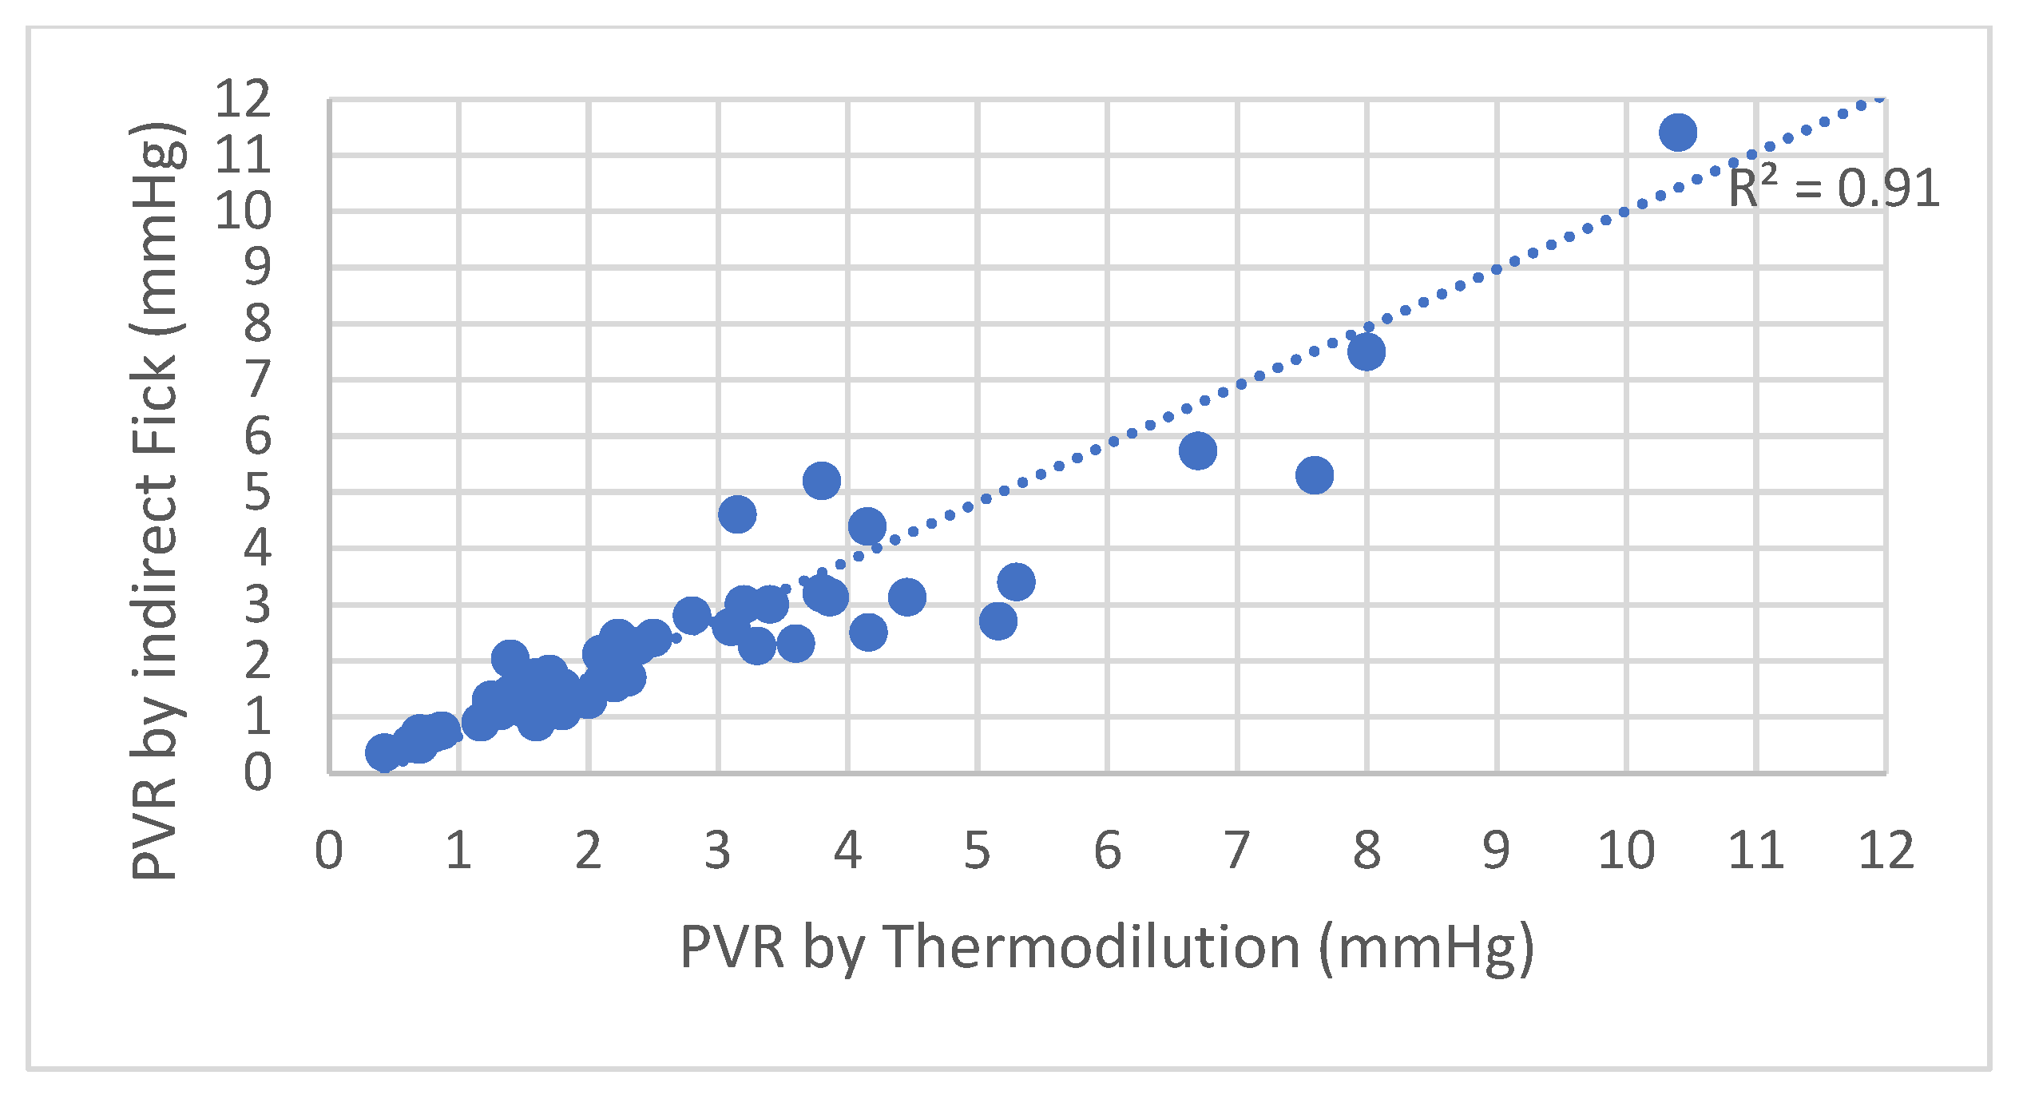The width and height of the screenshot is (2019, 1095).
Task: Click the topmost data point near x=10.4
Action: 1677,132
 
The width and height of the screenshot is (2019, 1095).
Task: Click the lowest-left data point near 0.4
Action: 383,752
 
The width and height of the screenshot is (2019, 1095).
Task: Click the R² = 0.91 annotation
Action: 1834,189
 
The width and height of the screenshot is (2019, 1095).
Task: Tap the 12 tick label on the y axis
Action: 244,98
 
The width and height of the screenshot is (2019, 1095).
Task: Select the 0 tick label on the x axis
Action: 328,851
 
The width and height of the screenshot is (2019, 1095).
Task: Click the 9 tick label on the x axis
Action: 1496,851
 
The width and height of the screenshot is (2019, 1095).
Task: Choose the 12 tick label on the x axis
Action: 1886,851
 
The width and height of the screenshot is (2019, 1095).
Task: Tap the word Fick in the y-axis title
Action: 155,404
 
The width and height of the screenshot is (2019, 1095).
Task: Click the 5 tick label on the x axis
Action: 977,851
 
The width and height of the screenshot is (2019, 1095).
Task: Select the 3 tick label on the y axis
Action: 257,604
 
